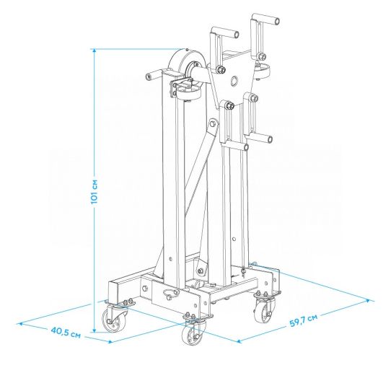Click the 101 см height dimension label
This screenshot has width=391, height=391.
(x=95, y=191)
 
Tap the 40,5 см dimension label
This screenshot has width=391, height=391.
(x=66, y=333)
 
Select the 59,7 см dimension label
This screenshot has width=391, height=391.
(x=304, y=320)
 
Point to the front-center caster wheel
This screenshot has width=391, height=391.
(x=193, y=333)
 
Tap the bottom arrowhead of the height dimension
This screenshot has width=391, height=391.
(x=95, y=330)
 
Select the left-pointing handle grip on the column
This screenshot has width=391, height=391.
(x=154, y=74)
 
